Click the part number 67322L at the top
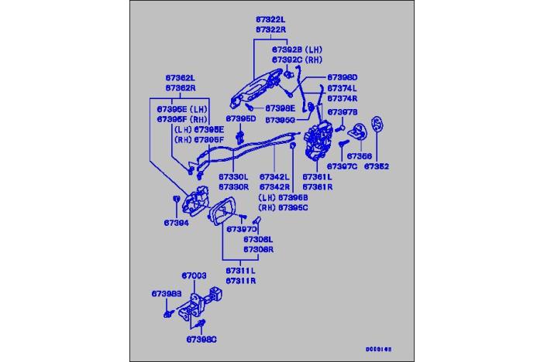click(270, 17)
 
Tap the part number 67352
click(377, 166)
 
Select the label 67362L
click(179, 78)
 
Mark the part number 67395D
click(240, 119)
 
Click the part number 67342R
click(274, 186)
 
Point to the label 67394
click(176, 223)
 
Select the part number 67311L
click(241, 271)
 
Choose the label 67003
click(194, 275)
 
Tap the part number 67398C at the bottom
click(201, 339)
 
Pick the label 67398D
click(342, 77)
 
